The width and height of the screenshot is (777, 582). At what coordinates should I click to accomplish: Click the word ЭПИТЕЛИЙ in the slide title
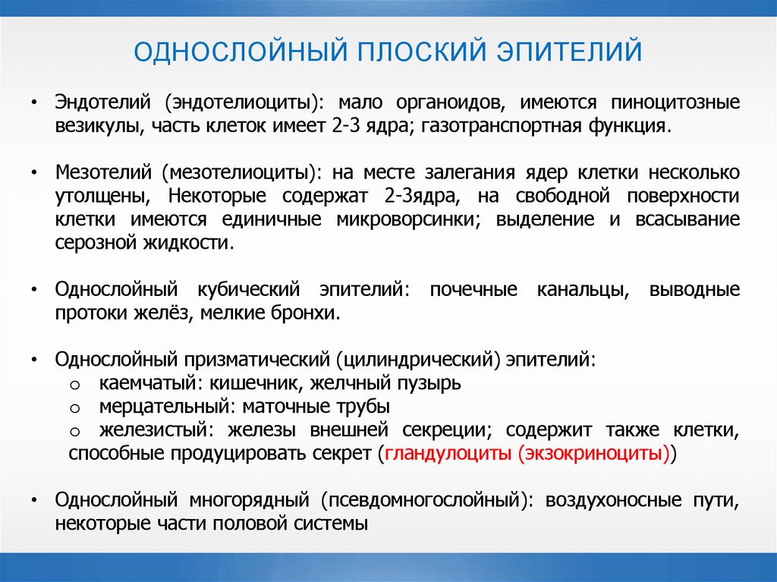pyautogui.click(x=569, y=53)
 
